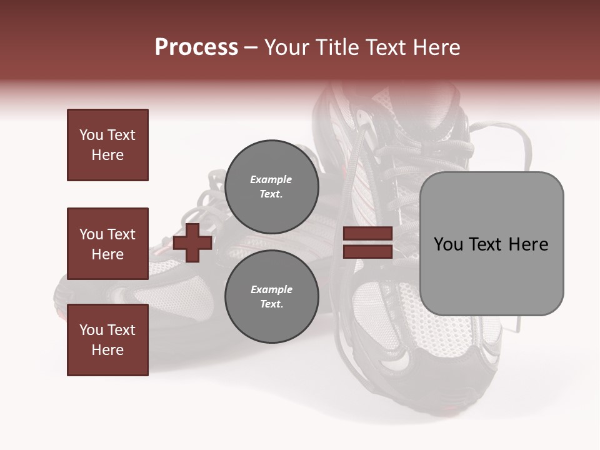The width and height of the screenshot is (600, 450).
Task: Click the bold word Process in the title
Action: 196,47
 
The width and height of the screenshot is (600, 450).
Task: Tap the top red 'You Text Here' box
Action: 107,145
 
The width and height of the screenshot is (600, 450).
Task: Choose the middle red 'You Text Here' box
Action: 107,244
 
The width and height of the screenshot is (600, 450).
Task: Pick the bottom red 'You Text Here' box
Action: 107,339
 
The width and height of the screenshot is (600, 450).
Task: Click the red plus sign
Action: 192,242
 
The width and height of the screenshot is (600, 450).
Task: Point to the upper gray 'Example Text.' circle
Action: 271,186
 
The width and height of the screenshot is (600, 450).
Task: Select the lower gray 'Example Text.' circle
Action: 271,296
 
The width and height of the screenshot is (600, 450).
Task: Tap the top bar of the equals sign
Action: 367,234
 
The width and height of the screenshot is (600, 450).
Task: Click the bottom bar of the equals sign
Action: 367,251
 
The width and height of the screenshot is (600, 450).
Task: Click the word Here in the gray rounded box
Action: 528,244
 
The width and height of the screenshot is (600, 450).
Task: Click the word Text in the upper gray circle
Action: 271,194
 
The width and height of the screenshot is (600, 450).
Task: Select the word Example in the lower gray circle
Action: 271,289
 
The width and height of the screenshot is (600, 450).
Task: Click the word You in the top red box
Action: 91,135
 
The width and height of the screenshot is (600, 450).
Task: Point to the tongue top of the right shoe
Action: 431,112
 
